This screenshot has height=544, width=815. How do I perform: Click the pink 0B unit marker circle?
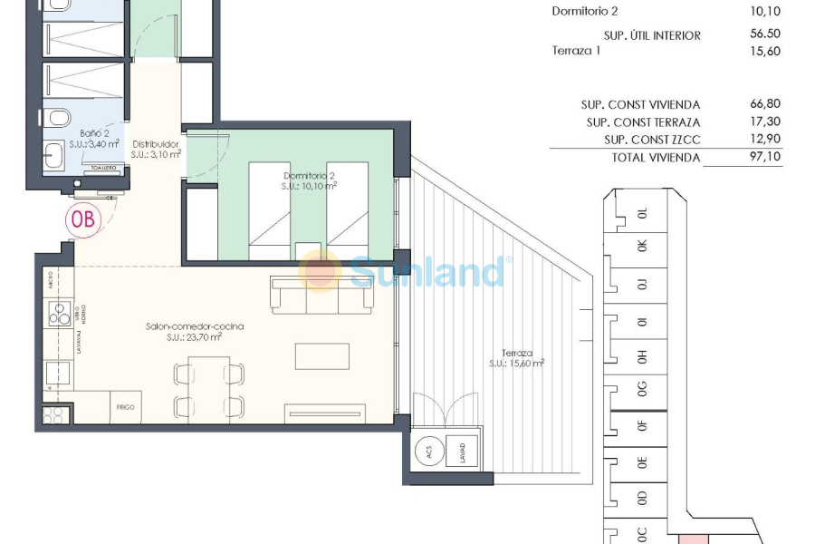coord(83,219)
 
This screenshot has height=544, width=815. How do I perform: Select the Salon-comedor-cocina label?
coord(194,331)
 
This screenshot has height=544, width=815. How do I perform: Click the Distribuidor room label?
coord(156,149)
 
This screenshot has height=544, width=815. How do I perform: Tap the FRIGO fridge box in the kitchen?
coord(125,408)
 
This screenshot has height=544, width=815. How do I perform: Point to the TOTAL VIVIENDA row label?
coord(654,157)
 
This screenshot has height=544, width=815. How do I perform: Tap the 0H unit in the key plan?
coord(643,356)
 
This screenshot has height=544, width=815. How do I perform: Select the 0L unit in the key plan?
coord(643,214)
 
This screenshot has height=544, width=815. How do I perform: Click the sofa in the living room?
coord(308,296)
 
